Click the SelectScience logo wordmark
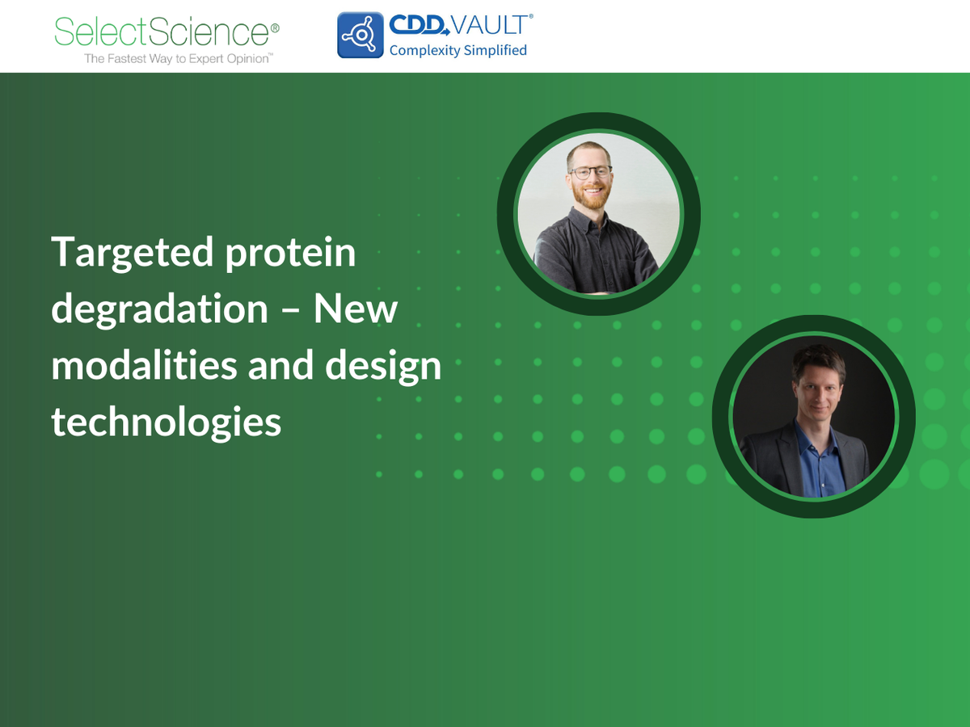tap(161, 32)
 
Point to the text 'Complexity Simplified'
tap(458, 50)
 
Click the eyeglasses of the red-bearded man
tap(591, 172)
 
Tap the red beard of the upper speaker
tap(593, 197)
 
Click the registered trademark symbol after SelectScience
tap(275, 27)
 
